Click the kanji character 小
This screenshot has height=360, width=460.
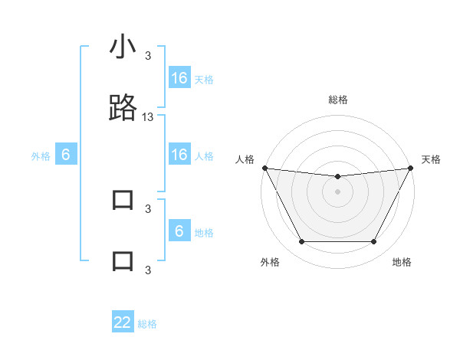[x=123, y=48]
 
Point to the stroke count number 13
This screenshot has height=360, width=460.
[x=148, y=116]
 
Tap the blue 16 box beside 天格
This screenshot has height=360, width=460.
[x=179, y=78]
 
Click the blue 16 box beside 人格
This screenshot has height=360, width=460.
[x=179, y=155]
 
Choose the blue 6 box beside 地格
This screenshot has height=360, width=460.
[x=179, y=231]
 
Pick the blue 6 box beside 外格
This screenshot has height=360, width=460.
[x=66, y=155]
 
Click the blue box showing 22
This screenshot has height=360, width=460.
[x=123, y=322]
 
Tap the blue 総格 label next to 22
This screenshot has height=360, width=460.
[x=147, y=324]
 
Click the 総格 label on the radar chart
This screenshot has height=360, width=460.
[x=338, y=100]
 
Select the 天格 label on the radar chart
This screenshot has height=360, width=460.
[x=432, y=159]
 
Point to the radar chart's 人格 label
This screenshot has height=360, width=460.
[x=245, y=159]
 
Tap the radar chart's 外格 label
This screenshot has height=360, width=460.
[x=270, y=262]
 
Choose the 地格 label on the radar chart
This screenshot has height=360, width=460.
[x=402, y=262]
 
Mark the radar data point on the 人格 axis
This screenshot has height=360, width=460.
[x=264, y=168]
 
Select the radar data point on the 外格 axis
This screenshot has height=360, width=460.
[x=301, y=242]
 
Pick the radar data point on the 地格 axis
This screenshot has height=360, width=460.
[x=374, y=242]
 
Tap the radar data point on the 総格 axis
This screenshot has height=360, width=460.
[x=338, y=177]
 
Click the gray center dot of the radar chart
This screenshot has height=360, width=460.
[x=338, y=191]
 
